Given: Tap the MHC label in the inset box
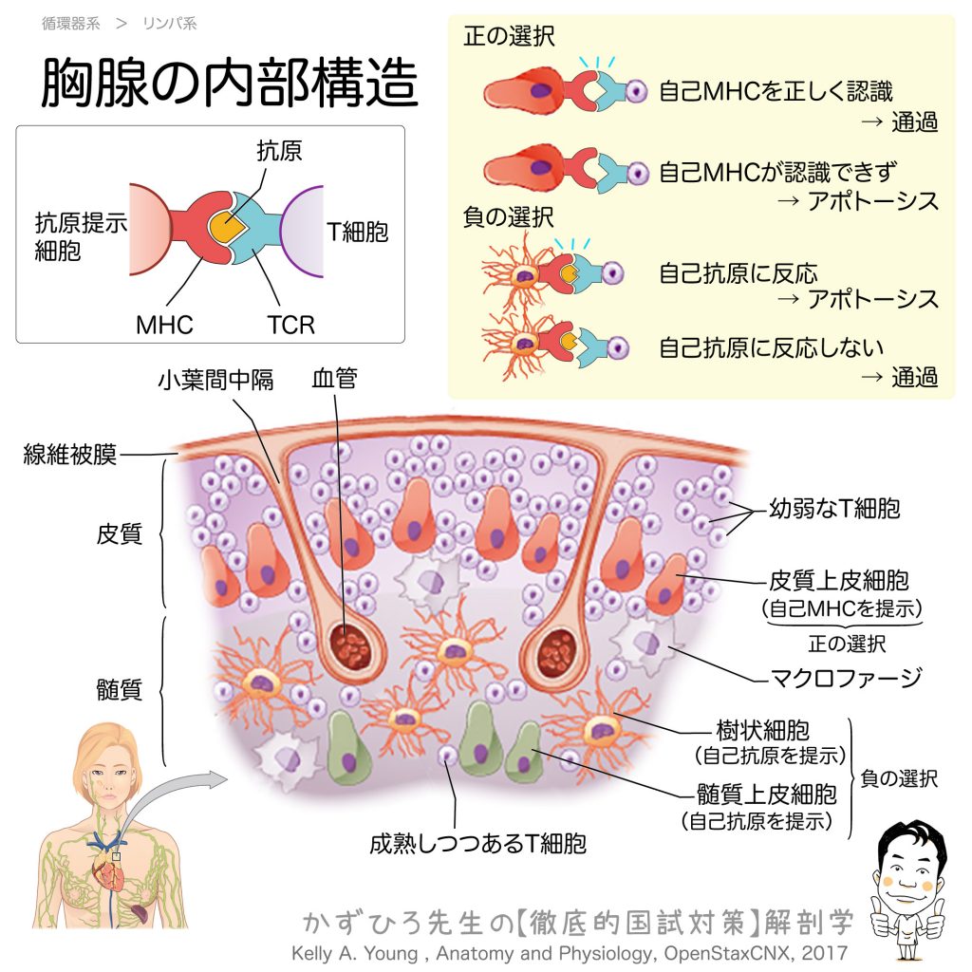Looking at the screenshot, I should pyautogui.click(x=164, y=326).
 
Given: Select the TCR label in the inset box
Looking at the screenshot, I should pyautogui.click(x=290, y=326).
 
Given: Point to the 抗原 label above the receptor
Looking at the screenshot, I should pyautogui.click(x=280, y=151).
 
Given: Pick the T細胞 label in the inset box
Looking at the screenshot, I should pyautogui.click(x=358, y=232).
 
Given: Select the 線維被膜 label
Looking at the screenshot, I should pyautogui.click(x=70, y=455).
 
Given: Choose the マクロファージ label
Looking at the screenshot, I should pyautogui.click(x=846, y=678).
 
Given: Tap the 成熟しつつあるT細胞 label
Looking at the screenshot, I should pyautogui.click(x=477, y=843).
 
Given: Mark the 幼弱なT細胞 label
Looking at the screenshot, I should pyautogui.click(x=833, y=509).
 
